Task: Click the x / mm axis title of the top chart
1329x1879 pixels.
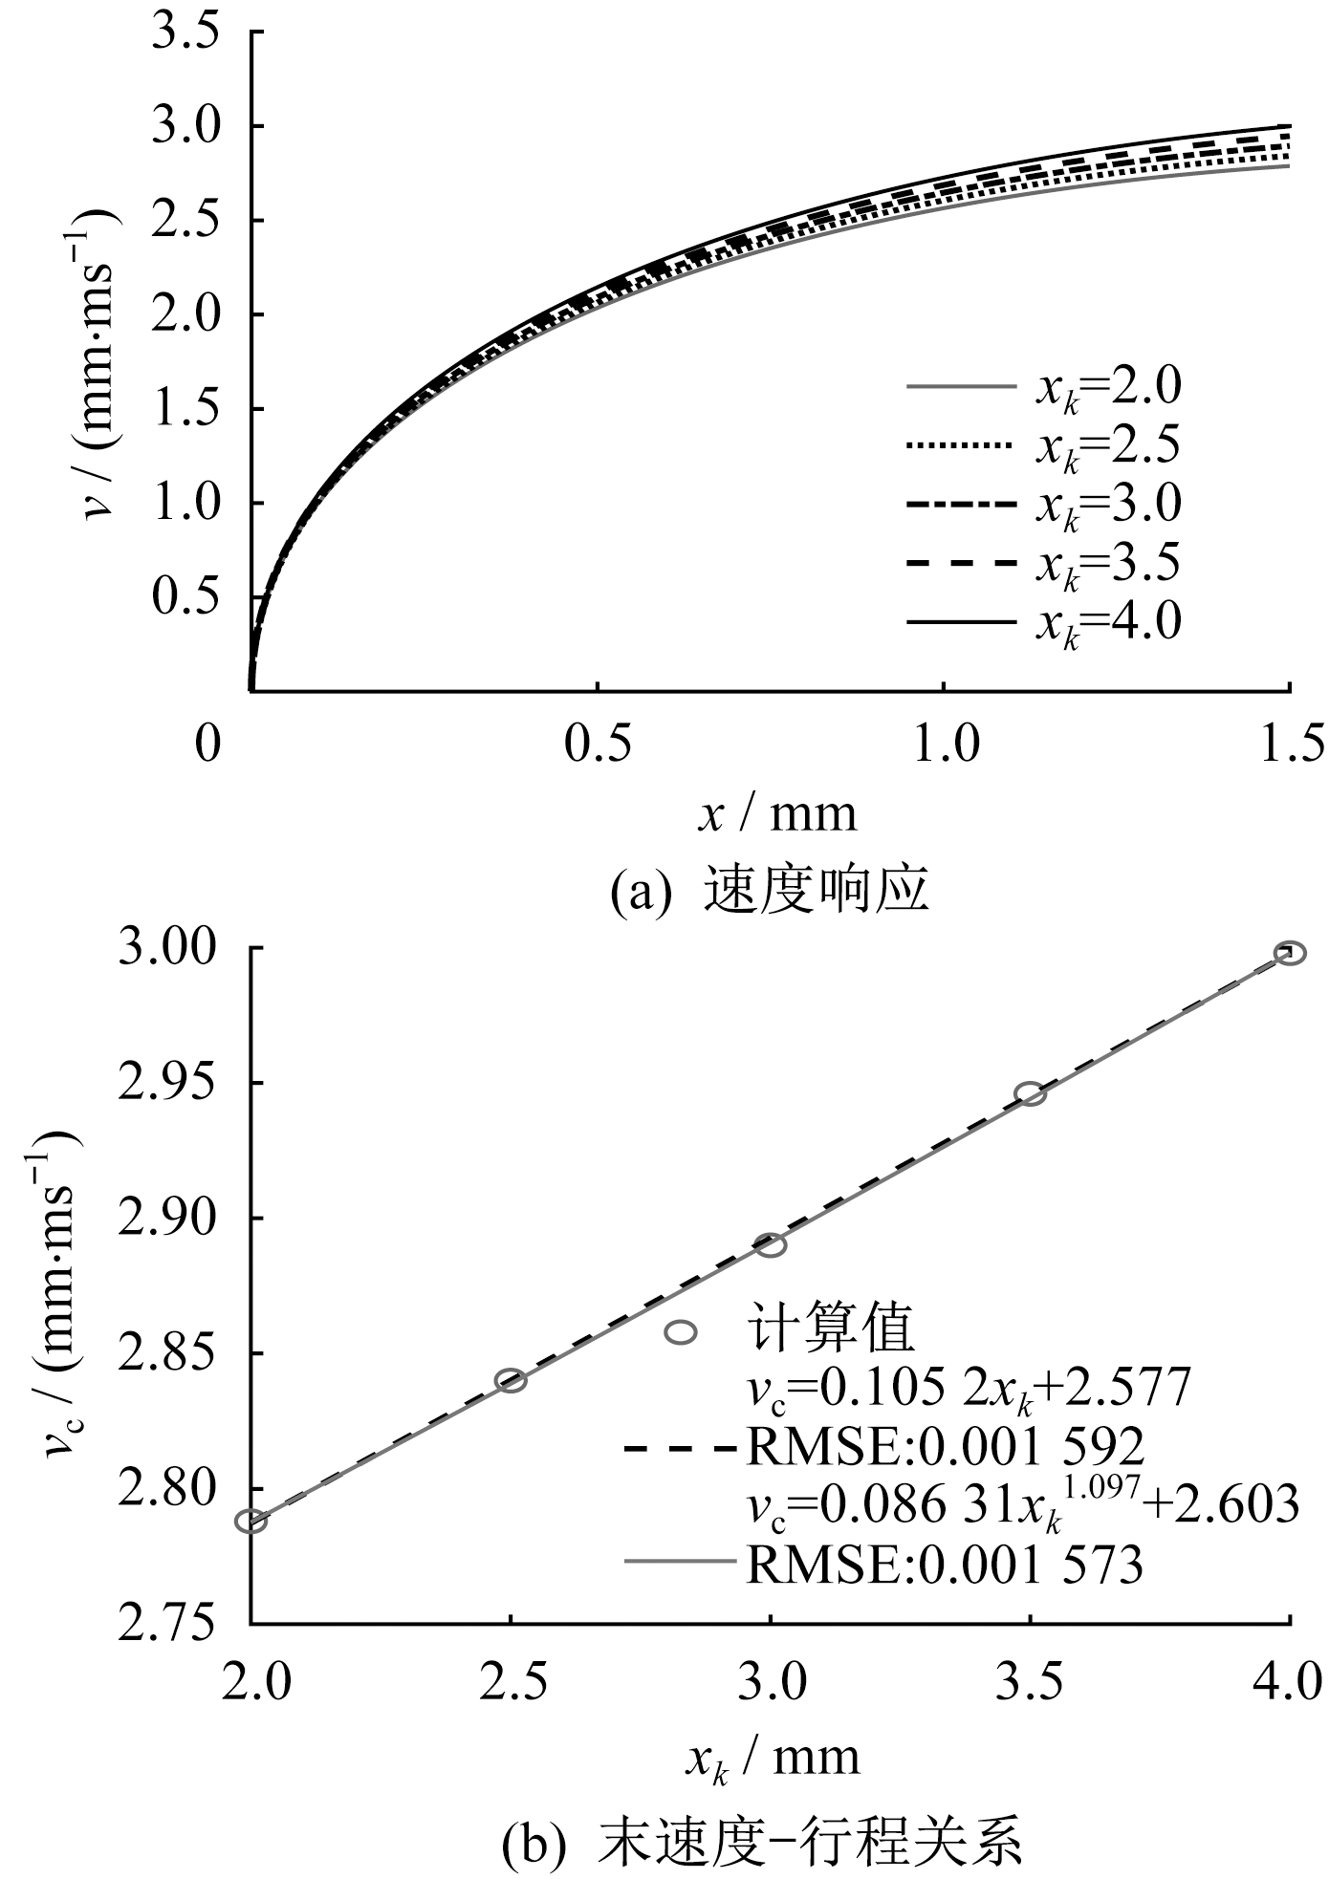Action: pyautogui.click(x=776, y=814)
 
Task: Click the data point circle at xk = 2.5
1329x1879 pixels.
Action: pyautogui.click(x=511, y=1380)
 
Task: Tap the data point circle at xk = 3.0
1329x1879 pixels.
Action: pyautogui.click(x=771, y=1244)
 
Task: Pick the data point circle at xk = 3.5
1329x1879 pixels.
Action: pyautogui.click(x=1030, y=1093)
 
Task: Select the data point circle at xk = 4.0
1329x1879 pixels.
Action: pyautogui.click(x=1290, y=953)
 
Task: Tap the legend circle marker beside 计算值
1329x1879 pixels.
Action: pyautogui.click(x=681, y=1331)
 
